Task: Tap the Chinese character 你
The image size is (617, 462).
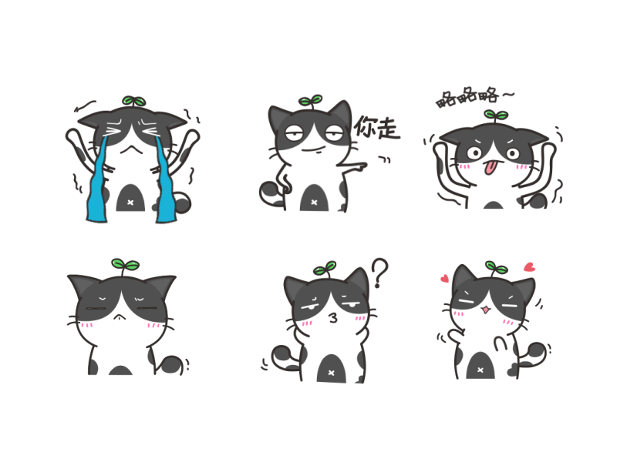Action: pyautogui.click(x=364, y=126)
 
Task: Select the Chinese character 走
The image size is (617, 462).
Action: pyautogui.click(x=388, y=129)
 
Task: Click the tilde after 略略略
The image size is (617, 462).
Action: pyautogui.click(x=508, y=94)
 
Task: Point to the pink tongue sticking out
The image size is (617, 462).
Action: pyautogui.click(x=490, y=168)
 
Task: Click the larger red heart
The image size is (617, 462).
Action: pyautogui.click(x=530, y=267)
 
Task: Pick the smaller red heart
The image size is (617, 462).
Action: pyautogui.click(x=445, y=279)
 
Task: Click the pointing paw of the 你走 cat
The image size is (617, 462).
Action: pyautogui.click(x=359, y=167)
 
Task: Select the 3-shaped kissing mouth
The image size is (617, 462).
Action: pyautogui.click(x=333, y=317)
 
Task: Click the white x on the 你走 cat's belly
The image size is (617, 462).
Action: pyautogui.click(x=314, y=203)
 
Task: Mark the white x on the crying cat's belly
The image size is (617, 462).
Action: pyautogui.click(x=130, y=203)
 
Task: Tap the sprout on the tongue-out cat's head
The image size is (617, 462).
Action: pyautogui.click(x=496, y=114)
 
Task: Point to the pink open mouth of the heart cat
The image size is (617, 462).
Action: pyautogui.click(x=487, y=310)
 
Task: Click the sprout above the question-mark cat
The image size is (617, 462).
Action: pyautogui.click(x=325, y=269)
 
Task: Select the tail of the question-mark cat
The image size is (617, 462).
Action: pyautogui.click(x=284, y=357)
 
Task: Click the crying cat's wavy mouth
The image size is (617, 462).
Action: pyautogui.click(x=131, y=149)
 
